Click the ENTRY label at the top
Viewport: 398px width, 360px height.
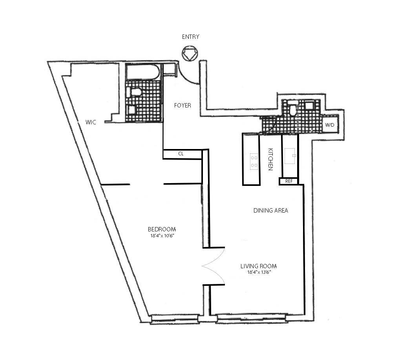(x=190, y=37)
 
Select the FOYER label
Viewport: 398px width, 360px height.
(x=183, y=105)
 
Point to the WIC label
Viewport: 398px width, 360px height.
(x=91, y=122)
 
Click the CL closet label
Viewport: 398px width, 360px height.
(x=181, y=154)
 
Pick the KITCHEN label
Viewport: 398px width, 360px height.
(x=270, y=159)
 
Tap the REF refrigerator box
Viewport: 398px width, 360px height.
(x=289, y=181)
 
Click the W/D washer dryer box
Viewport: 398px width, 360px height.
(x=329, y=125)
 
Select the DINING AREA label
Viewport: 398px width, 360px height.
(x=270, y=211)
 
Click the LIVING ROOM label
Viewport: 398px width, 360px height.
(x=261, y=266)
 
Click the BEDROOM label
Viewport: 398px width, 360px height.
(x=161, y=229)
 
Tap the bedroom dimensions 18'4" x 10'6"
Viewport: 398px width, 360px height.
(x=161, y=236)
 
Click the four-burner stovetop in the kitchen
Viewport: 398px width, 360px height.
(x=254, y=161)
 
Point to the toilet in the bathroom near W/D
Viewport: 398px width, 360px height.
(x=292, y=109)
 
